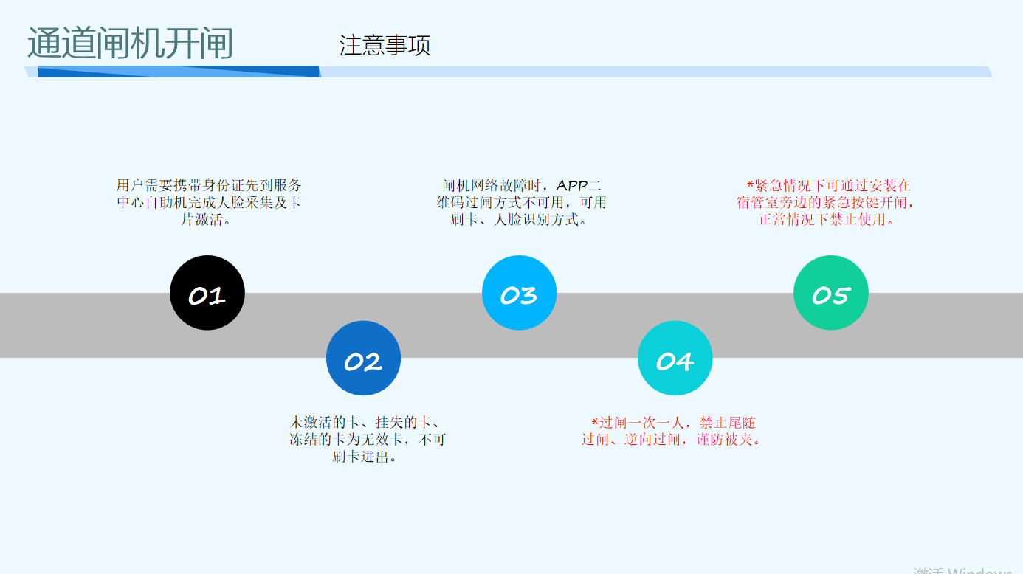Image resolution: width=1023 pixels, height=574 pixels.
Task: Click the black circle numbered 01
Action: point(207,293)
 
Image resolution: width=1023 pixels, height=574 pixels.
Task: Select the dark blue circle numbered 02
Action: point(363,359)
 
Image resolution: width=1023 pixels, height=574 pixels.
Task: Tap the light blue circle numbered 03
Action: point(519,293)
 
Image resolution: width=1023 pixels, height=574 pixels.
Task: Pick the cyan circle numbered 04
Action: point(675,359)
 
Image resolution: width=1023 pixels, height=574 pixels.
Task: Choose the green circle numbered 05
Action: point(830,293)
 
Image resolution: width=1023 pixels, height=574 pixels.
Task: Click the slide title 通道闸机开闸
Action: point(130,44)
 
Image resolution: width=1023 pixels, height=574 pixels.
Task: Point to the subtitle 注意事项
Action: point(385,46)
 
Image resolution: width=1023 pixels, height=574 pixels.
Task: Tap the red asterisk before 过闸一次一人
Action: point(595,423)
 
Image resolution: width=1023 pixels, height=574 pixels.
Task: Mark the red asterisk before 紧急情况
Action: point(751,185)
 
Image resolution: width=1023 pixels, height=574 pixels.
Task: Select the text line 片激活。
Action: point(209,219)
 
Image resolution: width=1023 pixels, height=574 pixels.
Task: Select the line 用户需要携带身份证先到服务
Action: point(209,185)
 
